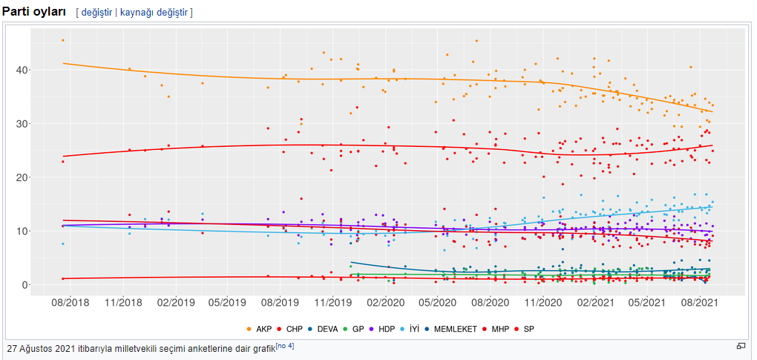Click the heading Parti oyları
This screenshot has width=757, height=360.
pos(34,12)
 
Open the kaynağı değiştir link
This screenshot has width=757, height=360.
pos(154,13)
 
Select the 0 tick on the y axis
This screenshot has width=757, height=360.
pos(24,285)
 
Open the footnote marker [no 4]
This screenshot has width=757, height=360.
pos(286,345)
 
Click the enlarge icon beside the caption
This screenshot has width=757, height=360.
pos(740,346)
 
